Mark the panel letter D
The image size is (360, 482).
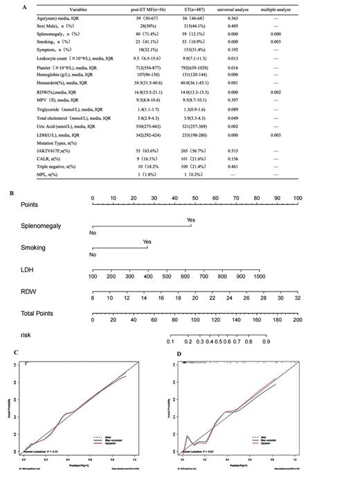179,354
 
